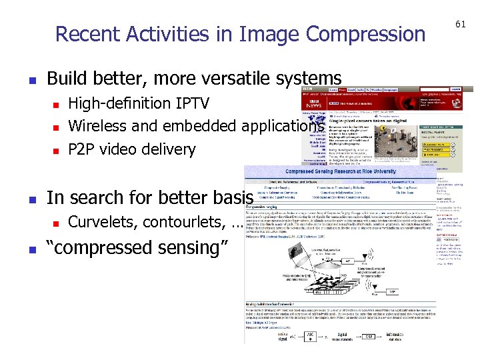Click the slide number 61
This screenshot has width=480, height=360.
click(460, 25)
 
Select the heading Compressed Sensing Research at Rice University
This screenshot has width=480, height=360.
click(342, 171)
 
